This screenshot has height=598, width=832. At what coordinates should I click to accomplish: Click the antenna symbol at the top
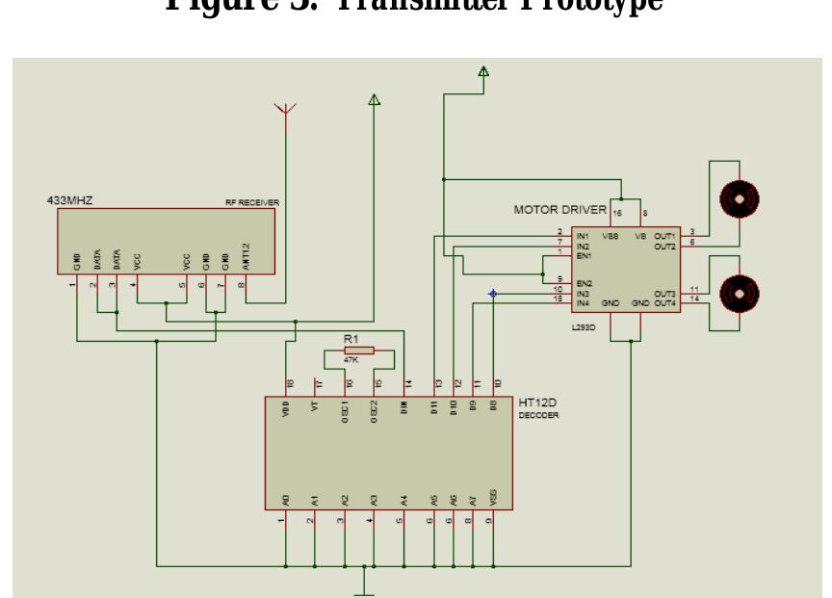tap(285, 110)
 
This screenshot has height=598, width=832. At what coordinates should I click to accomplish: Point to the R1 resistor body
tap(358, 351)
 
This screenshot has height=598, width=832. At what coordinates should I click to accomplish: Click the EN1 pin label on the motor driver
tap(583, 254)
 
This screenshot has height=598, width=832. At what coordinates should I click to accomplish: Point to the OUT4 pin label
tap(664, 303)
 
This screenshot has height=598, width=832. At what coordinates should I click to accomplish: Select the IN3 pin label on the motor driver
tap(582, 293)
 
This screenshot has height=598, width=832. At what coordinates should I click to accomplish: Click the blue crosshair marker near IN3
tap(493, 294)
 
